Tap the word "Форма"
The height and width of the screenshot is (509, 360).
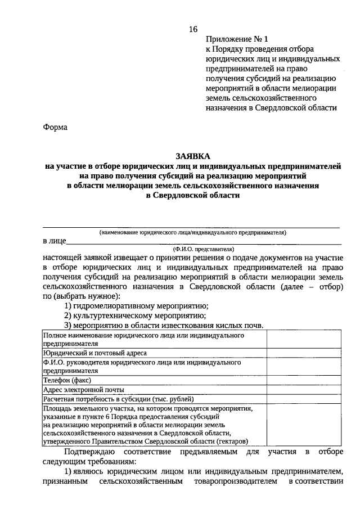55,127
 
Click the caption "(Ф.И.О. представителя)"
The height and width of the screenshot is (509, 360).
204,249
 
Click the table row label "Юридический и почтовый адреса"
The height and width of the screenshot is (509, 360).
94,353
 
